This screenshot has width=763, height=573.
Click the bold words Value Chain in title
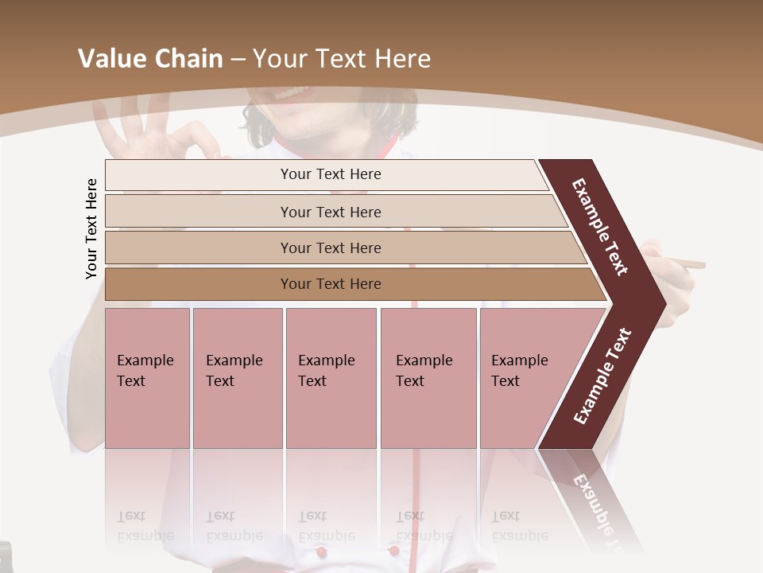150,59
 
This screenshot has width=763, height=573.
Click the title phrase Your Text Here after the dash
342,59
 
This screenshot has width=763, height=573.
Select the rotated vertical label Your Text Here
91,228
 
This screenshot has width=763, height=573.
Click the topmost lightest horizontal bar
330,174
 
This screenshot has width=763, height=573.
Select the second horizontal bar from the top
330,212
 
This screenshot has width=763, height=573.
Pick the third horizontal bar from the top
330,248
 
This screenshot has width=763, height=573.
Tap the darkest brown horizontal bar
330,284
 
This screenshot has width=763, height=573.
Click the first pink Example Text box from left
147,378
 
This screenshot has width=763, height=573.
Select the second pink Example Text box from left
237,378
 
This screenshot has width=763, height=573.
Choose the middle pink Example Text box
331,378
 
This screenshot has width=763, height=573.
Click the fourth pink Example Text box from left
428,378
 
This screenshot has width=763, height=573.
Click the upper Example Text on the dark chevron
600,227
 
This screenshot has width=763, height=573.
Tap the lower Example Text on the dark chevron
602,376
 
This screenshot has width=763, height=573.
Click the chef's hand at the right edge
676,271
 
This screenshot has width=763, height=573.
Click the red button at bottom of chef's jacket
320,551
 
